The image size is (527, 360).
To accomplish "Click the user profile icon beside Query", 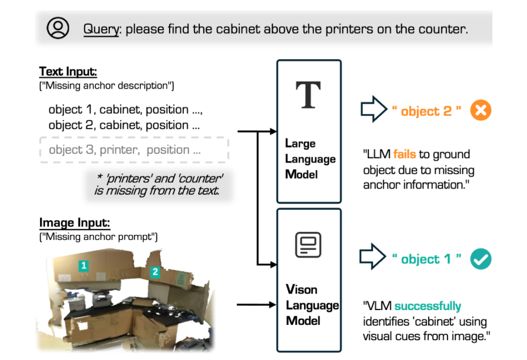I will [58, 27].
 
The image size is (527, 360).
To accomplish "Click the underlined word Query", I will [101, 29].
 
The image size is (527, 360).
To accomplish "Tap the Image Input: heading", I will [75, 223].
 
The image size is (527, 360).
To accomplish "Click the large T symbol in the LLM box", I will [309, 95].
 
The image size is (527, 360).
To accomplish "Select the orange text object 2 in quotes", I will [426, 111].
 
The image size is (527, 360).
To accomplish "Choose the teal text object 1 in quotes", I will [426, 260].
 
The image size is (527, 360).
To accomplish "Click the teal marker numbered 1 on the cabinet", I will [83, 266].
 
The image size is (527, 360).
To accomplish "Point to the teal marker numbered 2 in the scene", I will [155, 272].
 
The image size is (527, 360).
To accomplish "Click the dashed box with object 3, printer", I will [134, 149].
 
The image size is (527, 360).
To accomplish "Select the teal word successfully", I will [428, 306].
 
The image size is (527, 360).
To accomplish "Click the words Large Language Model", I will [310, 159].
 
